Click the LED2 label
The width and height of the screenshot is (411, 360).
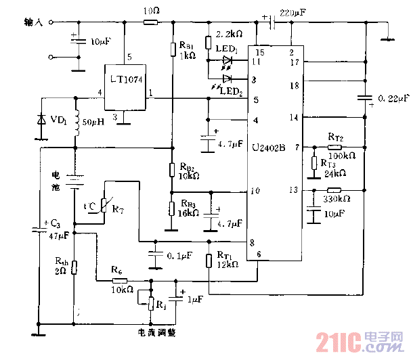coord(231,93)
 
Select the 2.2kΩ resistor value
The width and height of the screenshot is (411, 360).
coord(226,33)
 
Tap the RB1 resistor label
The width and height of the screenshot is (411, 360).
coord(187,45)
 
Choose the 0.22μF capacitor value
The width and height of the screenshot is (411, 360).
coord(392,99)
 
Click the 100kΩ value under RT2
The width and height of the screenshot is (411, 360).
coord(342,154)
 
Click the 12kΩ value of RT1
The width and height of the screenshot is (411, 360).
coord(228,265)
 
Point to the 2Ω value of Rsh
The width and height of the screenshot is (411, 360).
coord(61,271)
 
